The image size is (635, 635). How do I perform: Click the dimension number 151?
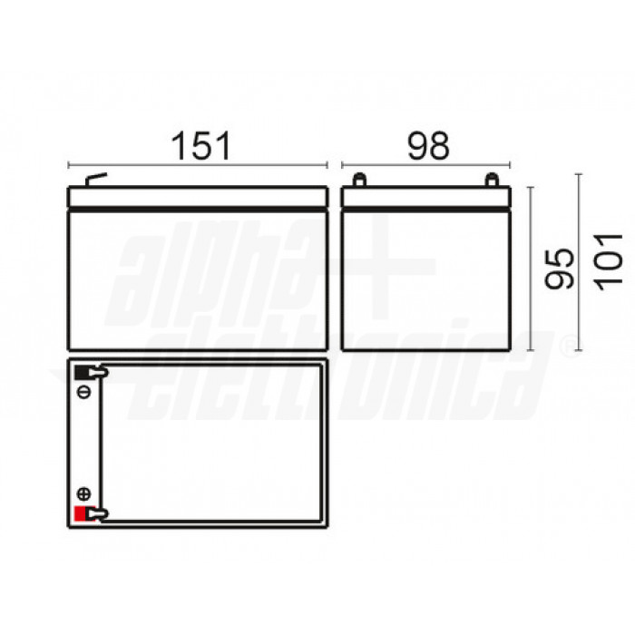(201, 146)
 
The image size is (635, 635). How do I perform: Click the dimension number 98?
(428, 146)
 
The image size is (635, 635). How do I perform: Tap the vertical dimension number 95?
(560, 269)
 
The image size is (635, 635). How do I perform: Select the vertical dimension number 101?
(609, 262)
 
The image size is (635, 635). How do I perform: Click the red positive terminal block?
(80, 513)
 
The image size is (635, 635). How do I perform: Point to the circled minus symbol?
(83, 392)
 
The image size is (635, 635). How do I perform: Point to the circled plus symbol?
(83, 493)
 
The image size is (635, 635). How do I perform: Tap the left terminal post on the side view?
(359, 181)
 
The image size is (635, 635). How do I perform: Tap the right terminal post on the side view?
(492, 181)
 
